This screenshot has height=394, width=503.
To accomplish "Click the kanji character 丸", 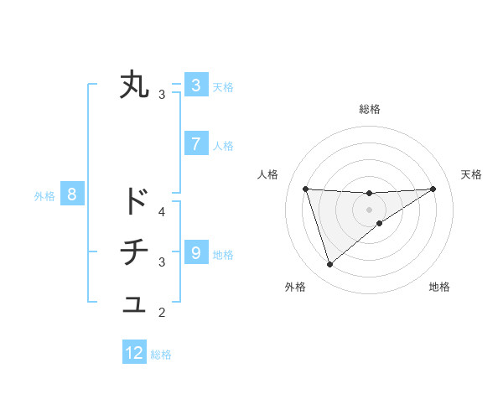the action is coord(134,86).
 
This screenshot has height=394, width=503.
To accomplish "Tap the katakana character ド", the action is coord(134,201).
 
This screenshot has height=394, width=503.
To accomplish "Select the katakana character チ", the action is coord(134,252).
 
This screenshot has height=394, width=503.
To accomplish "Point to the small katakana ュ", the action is coord(134,305).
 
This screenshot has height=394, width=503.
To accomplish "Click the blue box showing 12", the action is coord(134,353).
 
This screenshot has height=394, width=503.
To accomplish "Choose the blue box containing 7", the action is coord(195,144).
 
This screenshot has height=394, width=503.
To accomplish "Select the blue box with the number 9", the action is coord(195,252).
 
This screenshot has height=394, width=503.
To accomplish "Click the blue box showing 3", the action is coord(195,85).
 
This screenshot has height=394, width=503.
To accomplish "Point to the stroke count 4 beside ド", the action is coord(162,211).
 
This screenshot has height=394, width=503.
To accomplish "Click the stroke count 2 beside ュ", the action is coord(162,314).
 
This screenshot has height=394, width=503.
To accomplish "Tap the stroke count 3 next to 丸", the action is coord(162,95).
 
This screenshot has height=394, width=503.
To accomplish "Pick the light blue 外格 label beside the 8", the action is coord(44,197).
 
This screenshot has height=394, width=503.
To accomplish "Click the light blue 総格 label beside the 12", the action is coord(161,355).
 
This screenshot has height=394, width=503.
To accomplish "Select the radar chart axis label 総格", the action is coord(369,109).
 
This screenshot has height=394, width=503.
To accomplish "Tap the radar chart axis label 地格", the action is coord(439,287).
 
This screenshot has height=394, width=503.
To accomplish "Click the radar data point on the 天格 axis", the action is coord(433,189).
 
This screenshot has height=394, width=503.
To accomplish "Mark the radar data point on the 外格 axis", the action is coord(329,265).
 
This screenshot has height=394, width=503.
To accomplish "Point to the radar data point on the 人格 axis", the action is coord(305,189).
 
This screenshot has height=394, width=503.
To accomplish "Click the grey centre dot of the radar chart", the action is coord(369,209).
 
